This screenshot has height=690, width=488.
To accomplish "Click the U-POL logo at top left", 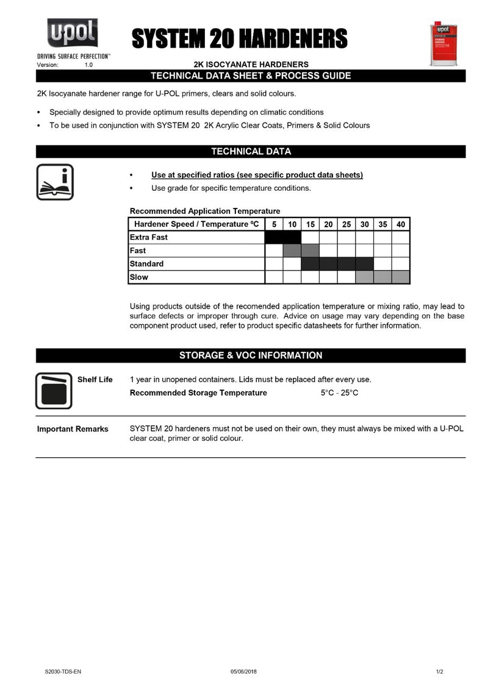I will (73, 34).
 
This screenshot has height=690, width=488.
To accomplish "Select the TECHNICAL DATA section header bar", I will (251, 151).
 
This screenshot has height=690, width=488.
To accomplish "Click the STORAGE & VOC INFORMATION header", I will (251, 355).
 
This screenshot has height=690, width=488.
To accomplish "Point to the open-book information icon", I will (55, 182).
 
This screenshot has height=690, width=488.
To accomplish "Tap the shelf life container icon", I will (54, 391).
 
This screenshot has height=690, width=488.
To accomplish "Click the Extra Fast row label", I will (149, 237).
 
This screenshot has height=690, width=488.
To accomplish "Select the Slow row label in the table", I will (139, 277).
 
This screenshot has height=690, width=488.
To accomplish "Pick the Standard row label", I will (146, 264).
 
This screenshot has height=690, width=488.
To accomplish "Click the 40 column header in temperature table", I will (401, 224).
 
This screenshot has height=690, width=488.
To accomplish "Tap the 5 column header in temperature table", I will (274, 224).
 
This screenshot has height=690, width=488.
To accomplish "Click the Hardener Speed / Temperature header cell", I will (196, 224).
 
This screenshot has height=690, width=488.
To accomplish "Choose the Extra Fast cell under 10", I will (292, 237).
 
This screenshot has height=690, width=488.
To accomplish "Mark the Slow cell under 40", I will (401, 277).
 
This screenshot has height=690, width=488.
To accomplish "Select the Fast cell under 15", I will (310, 251).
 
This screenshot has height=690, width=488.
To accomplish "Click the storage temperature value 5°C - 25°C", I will (339, 393).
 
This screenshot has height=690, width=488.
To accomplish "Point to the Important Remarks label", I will (73, 429).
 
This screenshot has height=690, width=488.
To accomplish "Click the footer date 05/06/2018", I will (243, 672).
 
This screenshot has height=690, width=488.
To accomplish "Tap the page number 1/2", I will (439, 672).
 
